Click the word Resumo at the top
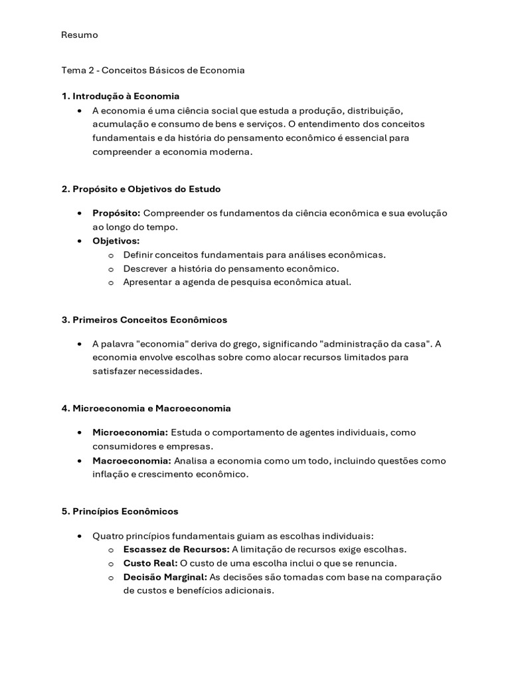(79, 35)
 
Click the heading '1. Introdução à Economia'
(120, 96)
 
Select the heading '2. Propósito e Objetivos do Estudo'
(141, 189)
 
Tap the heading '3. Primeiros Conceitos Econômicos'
(144, 319)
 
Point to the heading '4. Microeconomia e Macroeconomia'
(146, 408)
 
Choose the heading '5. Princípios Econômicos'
(120, 511)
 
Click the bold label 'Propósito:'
(116, 212)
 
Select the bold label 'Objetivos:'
(116, 240)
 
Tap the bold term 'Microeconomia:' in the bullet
(130, 432)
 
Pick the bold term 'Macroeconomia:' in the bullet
(131, 460)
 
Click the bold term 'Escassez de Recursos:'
(176, 549)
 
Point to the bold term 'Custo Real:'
(150, 563)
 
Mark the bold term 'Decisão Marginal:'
(165, 577)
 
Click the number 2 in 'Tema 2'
(91, 70)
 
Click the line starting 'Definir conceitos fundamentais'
(254, 254)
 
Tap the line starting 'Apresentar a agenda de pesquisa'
(237, 282)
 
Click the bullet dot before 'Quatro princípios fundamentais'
(80, 535)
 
